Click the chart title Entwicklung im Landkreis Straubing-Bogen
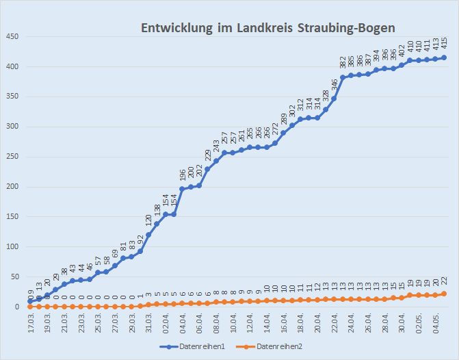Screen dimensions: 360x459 point(268,28)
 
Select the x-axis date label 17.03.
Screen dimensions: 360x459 point(30,323)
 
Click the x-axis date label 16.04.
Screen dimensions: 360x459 point(283,323)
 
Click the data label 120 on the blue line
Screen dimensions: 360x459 point(148,222)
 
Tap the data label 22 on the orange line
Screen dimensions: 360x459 point(444,283)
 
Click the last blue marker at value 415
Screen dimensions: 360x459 point(444,57)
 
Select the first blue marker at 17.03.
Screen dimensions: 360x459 point(30,301)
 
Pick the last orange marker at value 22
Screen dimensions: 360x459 point(444,294)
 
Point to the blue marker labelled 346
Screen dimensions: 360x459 point(334,99)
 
